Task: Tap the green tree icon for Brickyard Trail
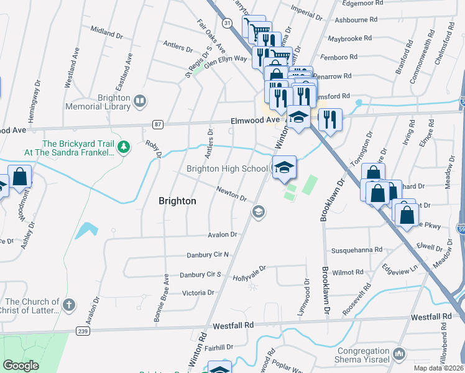pos(124,146)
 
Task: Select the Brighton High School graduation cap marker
pos(284,167)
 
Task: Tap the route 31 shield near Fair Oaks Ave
pos(228,22)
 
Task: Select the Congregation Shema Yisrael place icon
pos(399,354)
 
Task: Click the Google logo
pos(21,366)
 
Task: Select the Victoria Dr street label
pos(198,292)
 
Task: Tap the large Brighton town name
pos(177,201)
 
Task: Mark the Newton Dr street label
pos(232,195)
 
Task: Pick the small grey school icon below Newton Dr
pos(258,213)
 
